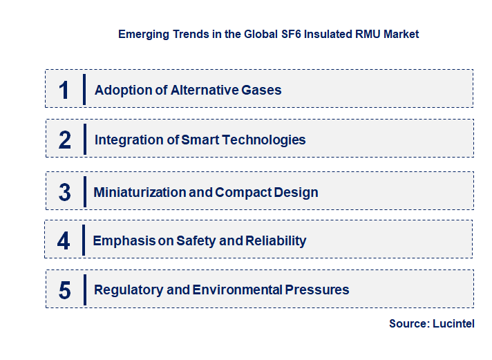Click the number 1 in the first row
tap(64, 90)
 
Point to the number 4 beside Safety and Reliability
tap(64, 241)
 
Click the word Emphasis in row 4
tap(120, 241)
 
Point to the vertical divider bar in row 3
tap(84, 191)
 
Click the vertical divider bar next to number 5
tap(84, 289)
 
